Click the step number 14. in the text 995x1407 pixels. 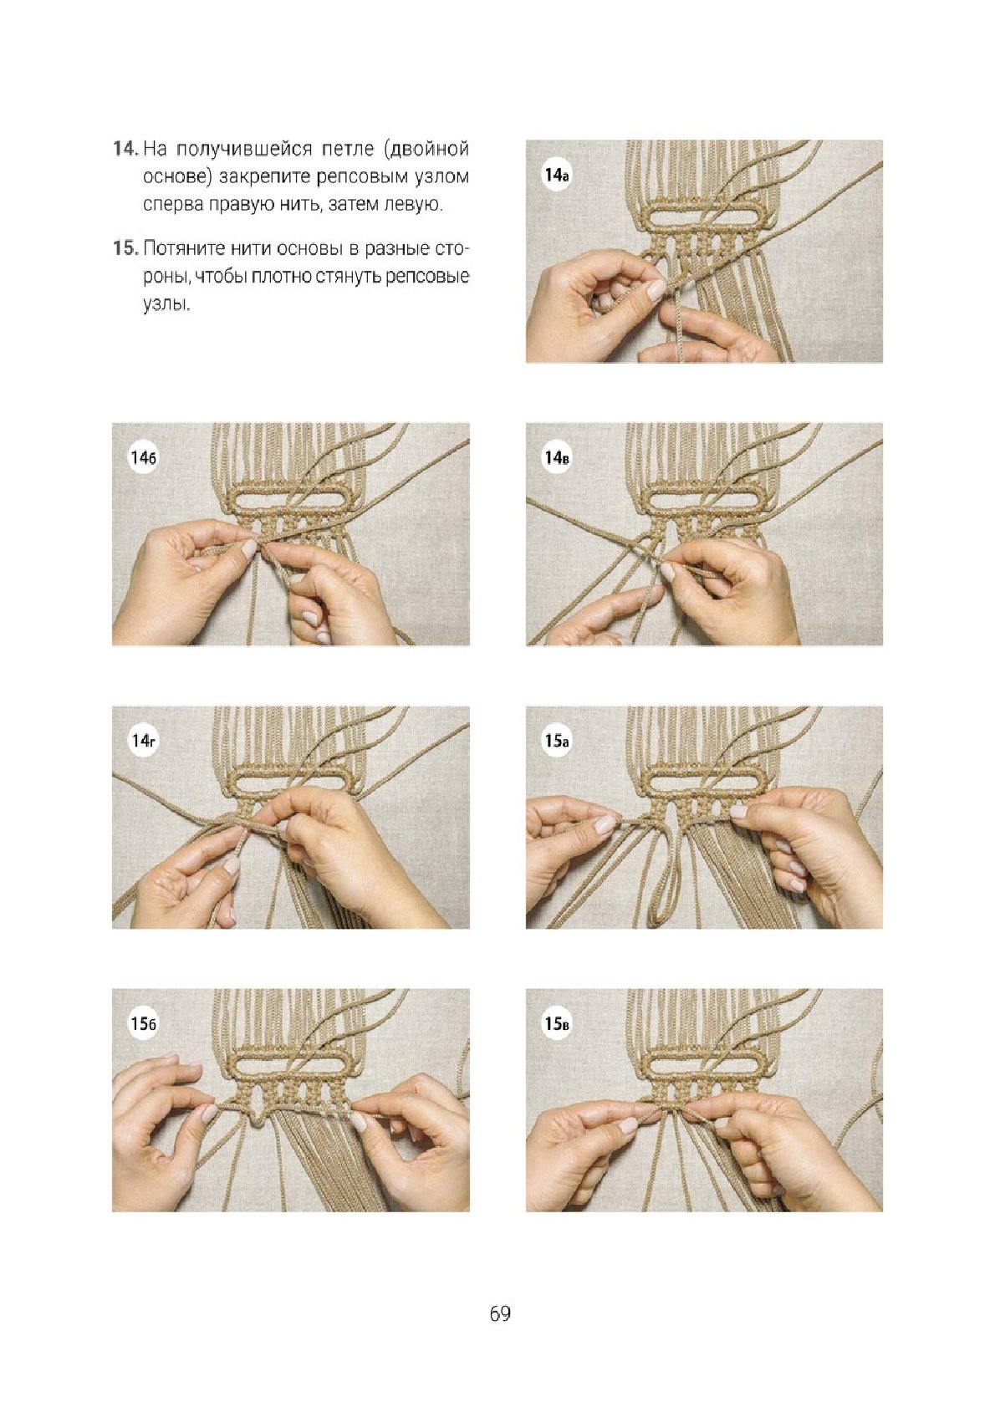[x=125, y=149]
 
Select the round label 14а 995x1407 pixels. [x=556, y=175]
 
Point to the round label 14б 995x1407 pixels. [x=143, y=457]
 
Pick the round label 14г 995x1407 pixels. [x=143, y=741]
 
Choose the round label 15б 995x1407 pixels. [x=143, y=1024]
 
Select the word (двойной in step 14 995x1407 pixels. [x=426, y=150]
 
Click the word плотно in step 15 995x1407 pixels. [x=280, y=277]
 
